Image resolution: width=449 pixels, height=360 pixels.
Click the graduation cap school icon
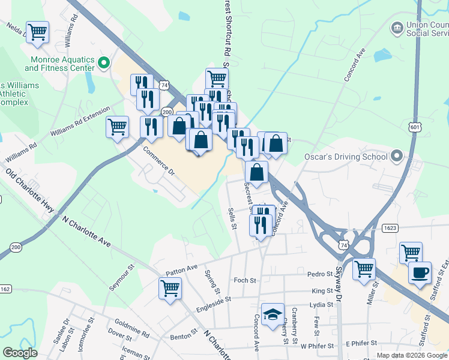coord(273,314)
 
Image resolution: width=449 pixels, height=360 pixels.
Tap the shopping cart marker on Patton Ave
coord(170,288)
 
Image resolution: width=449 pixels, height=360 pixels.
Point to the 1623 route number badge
coord(389,228)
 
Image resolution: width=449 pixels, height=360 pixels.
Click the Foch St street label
coord(245,280)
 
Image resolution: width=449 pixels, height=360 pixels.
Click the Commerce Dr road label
coord(158,161)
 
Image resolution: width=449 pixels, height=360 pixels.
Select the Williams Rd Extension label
coord(80,122)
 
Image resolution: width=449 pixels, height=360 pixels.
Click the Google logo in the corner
coord(20,353)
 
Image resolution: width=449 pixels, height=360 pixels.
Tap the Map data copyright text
coord(412,355)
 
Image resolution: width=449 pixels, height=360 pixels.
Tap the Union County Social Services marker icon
coord(397,28)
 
